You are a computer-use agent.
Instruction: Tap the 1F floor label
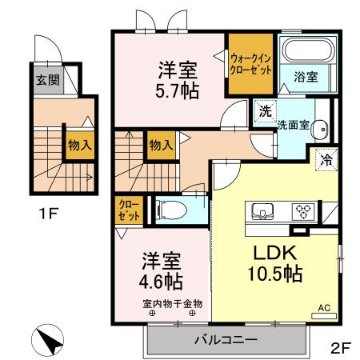pos(46,214)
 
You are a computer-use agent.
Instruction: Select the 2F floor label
pos(340,348)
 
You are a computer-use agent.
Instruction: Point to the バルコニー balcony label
pos(226,340)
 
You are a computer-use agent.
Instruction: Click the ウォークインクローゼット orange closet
pos(250,63)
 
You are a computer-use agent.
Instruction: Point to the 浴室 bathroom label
pos(306,78)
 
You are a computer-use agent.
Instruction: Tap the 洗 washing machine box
pos(265,110)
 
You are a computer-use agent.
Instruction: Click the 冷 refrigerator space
pos(326,158)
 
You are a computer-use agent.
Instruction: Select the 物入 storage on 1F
pos(77,146)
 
